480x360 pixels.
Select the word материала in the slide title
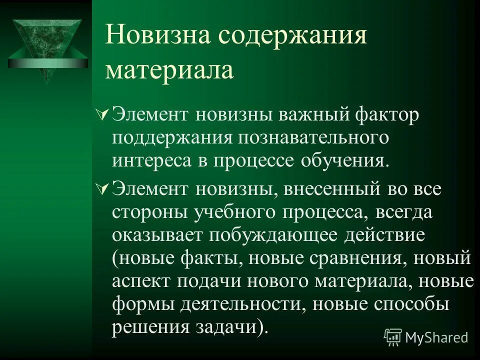pos(169,70)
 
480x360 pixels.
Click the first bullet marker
pos(100,115)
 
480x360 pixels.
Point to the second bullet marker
pos(100,189)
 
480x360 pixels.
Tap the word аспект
pos(142,281)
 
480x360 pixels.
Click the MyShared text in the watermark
pos(436,337)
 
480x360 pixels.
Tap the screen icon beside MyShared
pos(393,337)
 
